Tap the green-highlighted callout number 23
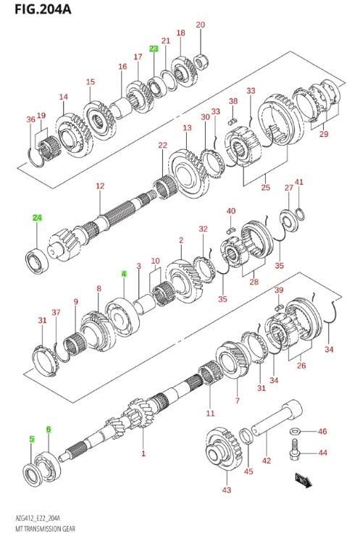(x=154, y=49)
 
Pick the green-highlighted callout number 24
(x=37, y=217)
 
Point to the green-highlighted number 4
(x=124, y=274)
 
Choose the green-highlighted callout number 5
(x=31, y=439)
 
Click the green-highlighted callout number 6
(x=49, y=429)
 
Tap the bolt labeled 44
(x=296, y=454)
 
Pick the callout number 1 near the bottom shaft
(x=143, y=454)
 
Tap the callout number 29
(x=323, y=134)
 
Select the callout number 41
(x=298, y=183)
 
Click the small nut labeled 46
(x=296, y=432)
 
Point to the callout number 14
(x=63, y=97)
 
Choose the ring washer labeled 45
(x=246, y=435)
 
